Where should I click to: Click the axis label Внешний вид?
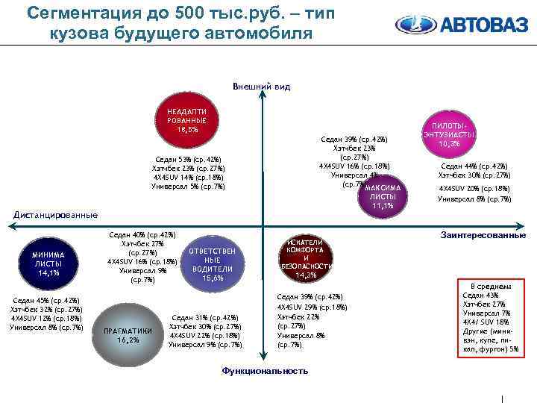262,87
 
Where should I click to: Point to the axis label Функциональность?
265,371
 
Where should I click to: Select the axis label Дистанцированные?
57,215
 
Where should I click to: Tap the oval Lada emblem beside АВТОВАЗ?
414,25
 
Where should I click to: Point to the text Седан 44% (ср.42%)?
474,166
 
